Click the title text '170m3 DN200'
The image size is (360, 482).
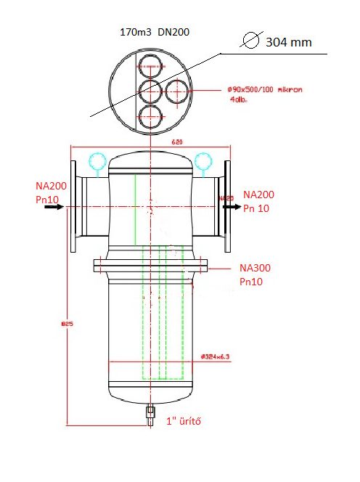(x=154, y=33)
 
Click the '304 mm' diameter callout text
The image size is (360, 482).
(x=289, y=42)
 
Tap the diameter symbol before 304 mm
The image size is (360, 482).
(x=252, y=41)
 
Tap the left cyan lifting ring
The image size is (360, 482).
(x=96, y=160)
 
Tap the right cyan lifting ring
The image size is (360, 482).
(x=203, y=160)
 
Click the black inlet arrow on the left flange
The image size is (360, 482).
(x=54, y=207)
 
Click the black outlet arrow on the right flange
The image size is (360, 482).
(x=232, y=207)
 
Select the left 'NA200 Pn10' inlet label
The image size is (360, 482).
(x=50, y=192)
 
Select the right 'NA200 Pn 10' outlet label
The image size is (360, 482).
(x=259, y=201)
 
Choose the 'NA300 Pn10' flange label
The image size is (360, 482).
(x=257, y=274)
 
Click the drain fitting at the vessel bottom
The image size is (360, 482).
(x=150, y=414)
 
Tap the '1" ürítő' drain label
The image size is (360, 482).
(x=184, y=422)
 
